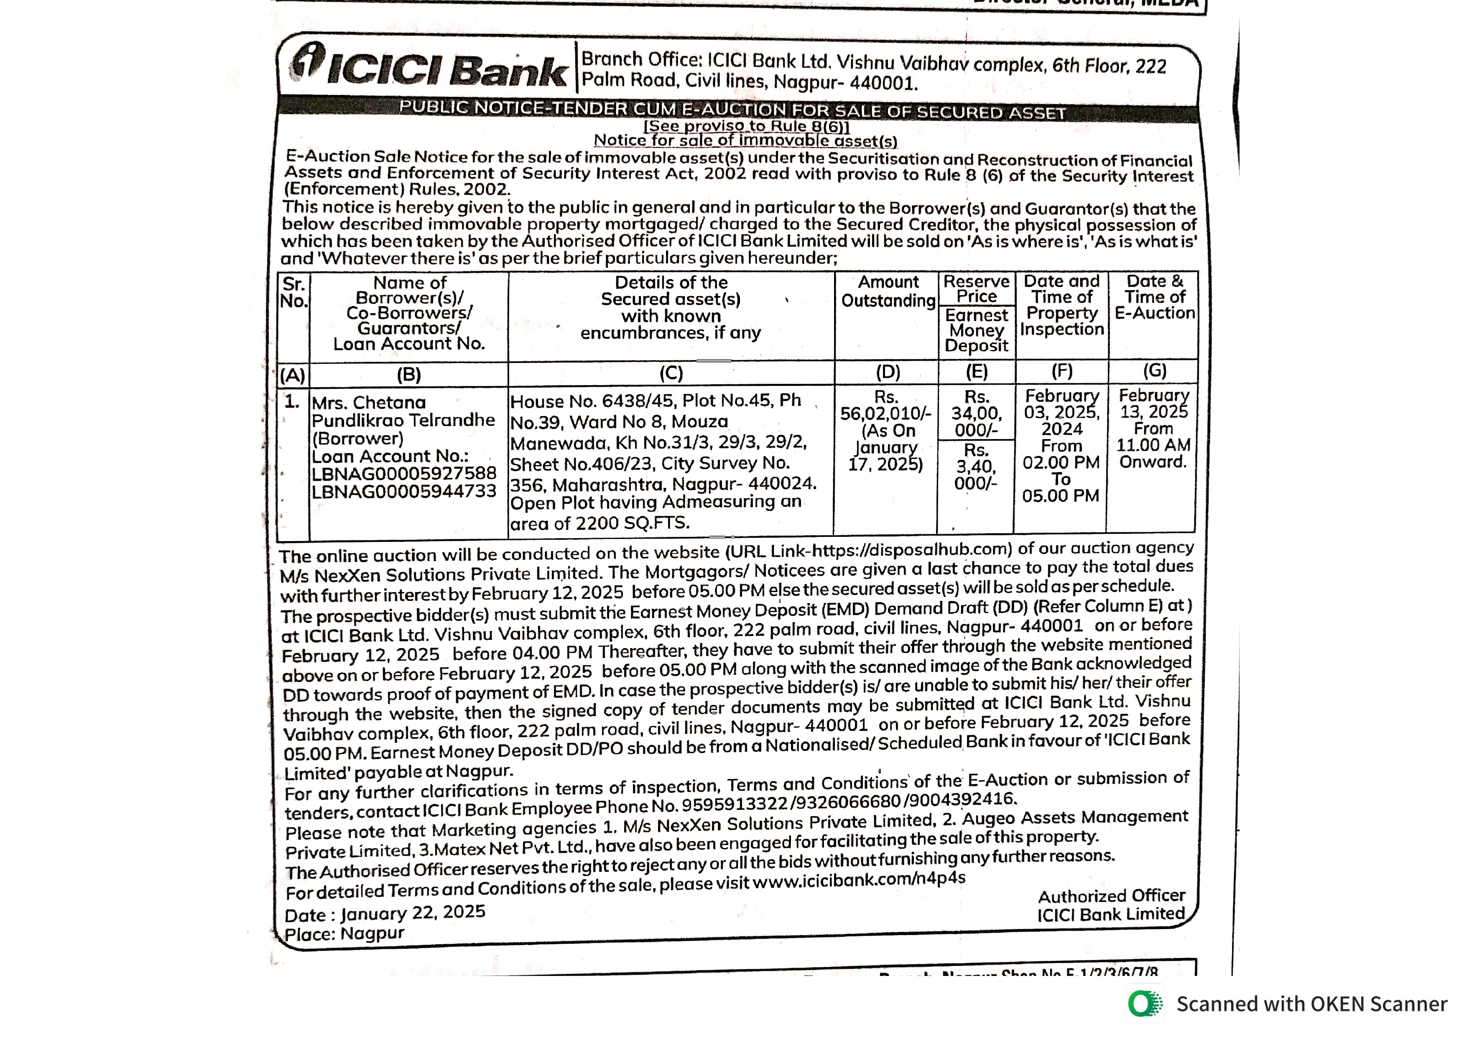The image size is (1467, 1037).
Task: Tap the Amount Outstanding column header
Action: (x=888, y=291)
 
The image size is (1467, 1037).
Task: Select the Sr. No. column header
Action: (x=294, y=293)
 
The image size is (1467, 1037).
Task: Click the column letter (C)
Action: (x=671, y=373)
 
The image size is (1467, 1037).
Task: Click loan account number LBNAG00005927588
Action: (x=404, y=473)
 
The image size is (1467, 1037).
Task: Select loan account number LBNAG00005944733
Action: (x=404, y=491)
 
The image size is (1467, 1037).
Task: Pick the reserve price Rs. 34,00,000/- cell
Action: (x=976, y=414)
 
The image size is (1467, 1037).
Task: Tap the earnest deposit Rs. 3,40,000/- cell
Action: (x=976, y=467)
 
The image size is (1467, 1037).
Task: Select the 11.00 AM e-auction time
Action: (x=1153, y=445)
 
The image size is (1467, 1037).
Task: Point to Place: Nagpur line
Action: (x=344, y=934)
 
